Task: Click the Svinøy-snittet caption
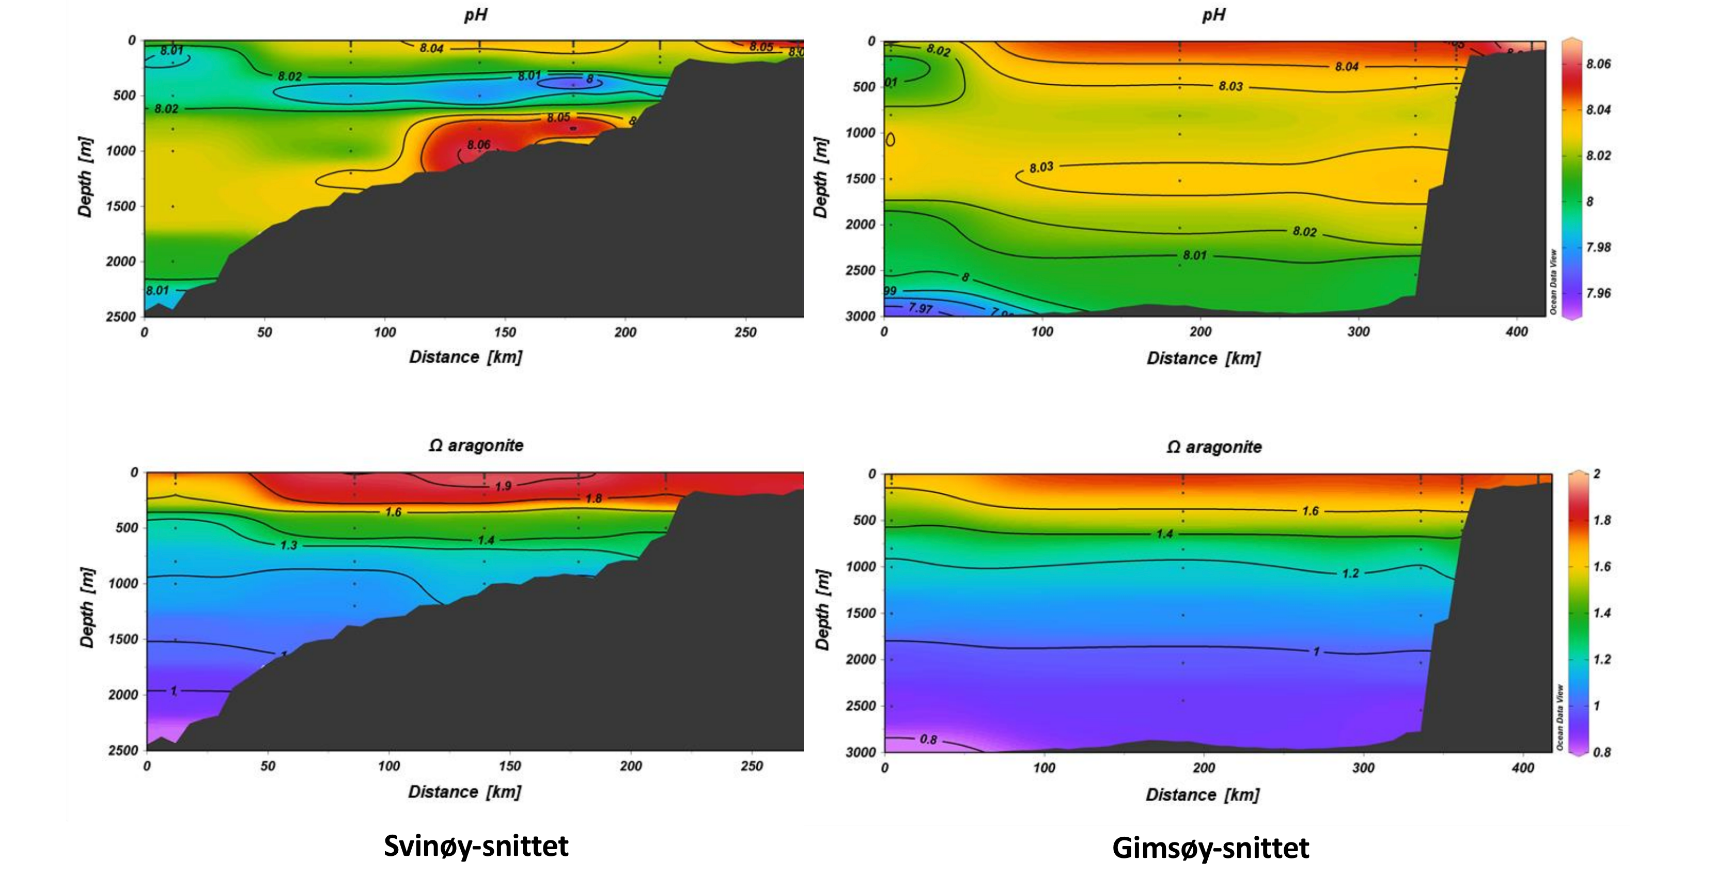click(x=476, y=846)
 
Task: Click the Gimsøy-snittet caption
click(x=1210, y=848)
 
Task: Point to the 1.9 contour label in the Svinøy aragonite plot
click(x=503, y=486)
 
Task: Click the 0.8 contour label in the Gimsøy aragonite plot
click(x=928, y=739)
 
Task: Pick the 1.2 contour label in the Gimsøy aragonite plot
click(x=1350, y=573)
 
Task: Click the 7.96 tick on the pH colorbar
click(x=1598, y=293)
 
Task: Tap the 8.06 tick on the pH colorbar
click(x=1598, y=64)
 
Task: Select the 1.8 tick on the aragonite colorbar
click(x=1602, y=520)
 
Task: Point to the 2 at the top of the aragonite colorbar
click(x=1597, y=474)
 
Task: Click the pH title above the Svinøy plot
click(x=475, y=14)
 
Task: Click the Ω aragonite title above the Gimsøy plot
click(x=1214, y=447)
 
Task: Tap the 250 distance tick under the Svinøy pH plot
click(x=745, y=332)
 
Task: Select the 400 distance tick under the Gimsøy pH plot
click(x=1517, y=332)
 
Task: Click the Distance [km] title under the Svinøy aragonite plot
click(x=465, y=791)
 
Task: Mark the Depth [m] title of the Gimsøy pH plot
click(x=821, y=178)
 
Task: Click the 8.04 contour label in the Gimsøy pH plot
click(x=1347, y=67)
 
